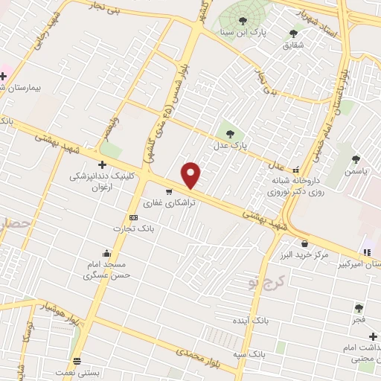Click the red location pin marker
point(192,174)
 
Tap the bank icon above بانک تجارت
point(133,217)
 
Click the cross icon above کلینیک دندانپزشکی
point(101,164)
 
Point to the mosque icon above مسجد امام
point(108,252)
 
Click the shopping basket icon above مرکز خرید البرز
point(304,243)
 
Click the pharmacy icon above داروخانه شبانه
point(297,170)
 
